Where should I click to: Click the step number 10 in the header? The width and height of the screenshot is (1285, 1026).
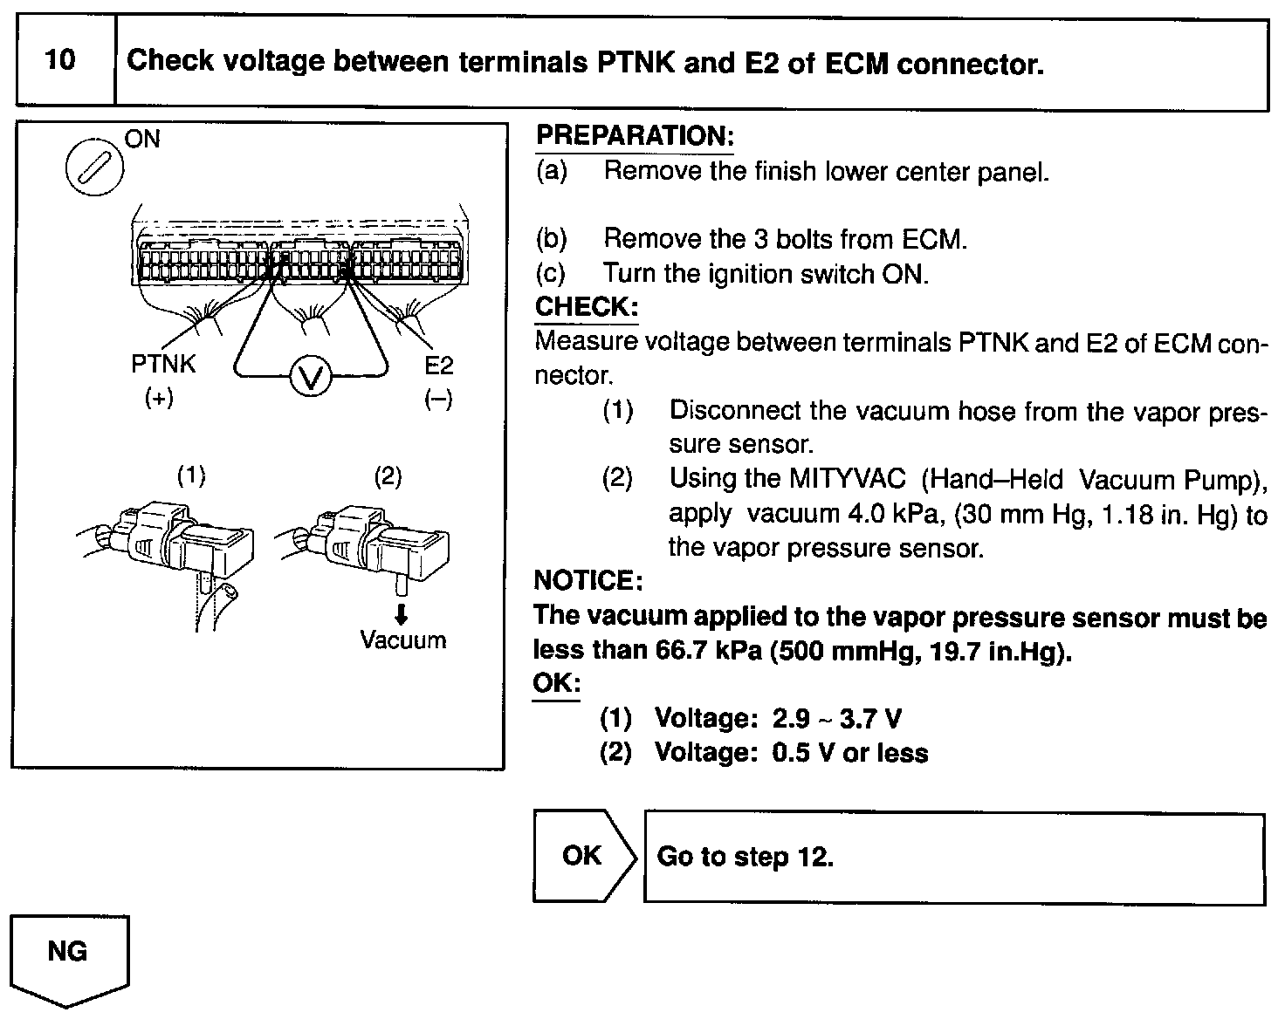60,60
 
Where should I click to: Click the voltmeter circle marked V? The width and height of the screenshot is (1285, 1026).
311,377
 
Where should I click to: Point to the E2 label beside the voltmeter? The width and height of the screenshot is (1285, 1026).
438,365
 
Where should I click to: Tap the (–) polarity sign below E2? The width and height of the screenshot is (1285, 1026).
438,400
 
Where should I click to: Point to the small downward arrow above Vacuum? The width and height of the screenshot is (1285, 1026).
401,615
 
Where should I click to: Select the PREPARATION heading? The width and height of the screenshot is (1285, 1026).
635,135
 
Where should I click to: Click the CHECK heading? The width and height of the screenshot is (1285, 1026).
586,306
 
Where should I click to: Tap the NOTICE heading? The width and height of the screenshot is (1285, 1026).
588,580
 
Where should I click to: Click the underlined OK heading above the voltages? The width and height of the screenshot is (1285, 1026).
556,682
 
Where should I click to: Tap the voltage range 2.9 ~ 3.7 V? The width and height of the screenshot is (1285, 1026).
836,719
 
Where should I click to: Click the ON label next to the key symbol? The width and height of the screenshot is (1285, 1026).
142,139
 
